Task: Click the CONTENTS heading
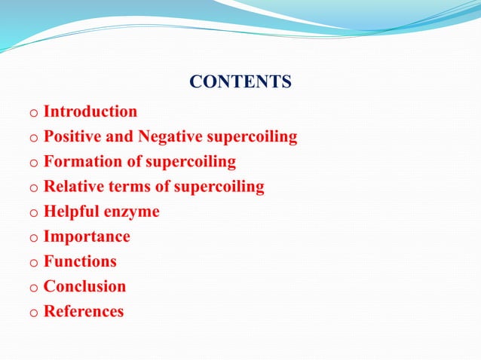click(x=240, y=81)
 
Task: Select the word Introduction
click(x=90, y=112)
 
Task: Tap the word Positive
click(x=72, y=137)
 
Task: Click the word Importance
click(x=87, y=237)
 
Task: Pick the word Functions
click(x=80, y=261)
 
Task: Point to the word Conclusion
click(x=84, y=286)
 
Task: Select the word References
click(x=84, y=311)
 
